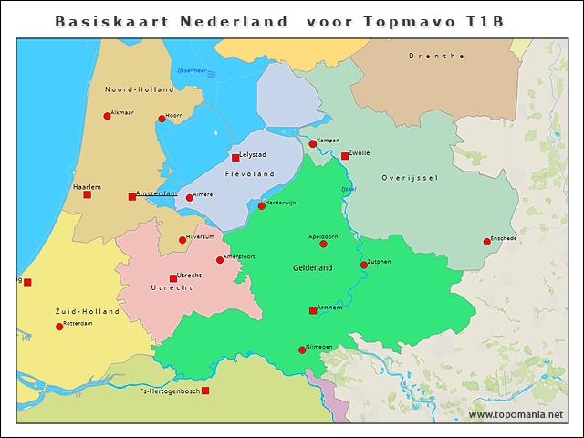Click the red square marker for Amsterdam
tap(132, 196)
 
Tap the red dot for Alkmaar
tap(107, 116)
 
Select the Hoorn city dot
tap(162, 119)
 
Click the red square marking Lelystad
tap(235, 158)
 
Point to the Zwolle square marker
tap(345, 156)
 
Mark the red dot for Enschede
tap(487, 242)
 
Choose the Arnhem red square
tap(313, 310)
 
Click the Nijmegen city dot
tap(302, 349)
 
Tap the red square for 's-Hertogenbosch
tap(205, 391)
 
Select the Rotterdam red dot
tap(59, 327)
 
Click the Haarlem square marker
tap(87, 194)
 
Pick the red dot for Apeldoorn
tap(323, 244)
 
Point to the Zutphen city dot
tap(364, 266)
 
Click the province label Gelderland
tap(312, 267)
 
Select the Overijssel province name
tap(410, 177)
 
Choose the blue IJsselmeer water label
tap(193, 70)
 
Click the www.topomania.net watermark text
tap(516, 415)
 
